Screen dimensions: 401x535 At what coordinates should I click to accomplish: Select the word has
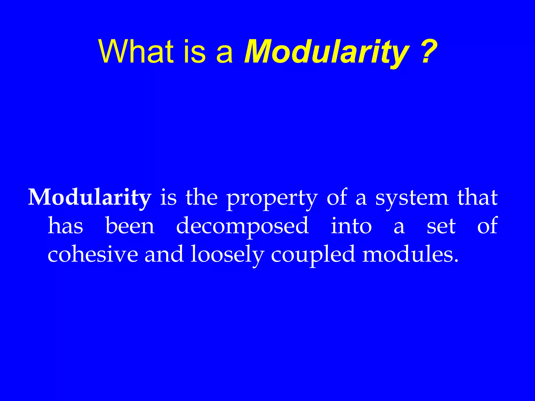65,226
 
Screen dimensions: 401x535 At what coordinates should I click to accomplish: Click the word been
130,226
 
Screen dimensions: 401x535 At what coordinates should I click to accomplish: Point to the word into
351,226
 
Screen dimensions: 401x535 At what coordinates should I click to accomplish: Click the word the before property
201,198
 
